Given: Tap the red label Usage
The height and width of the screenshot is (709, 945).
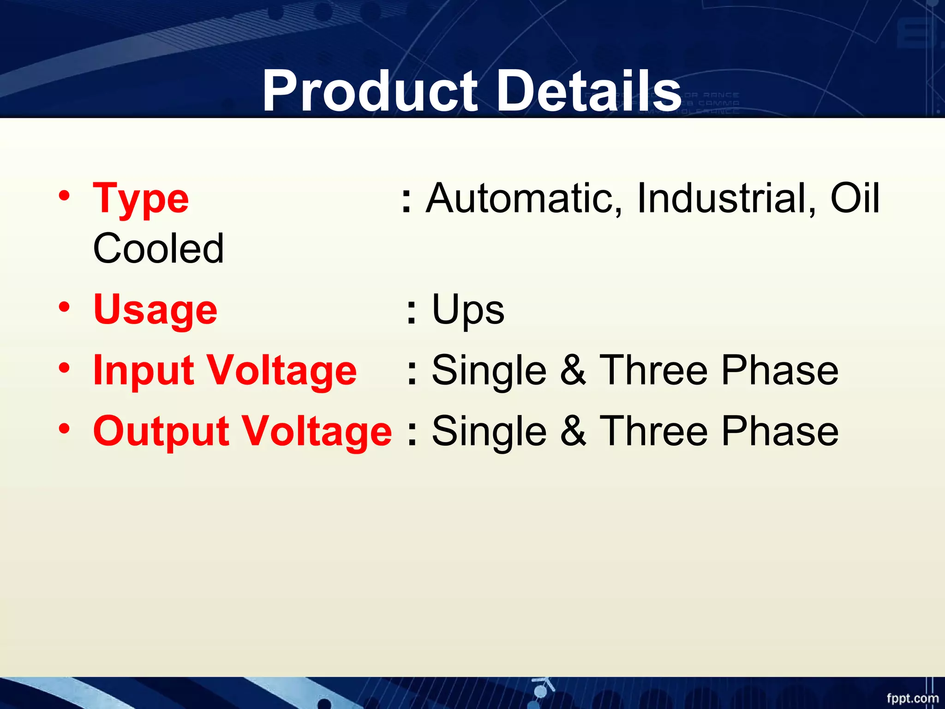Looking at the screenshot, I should (x=155, y=310).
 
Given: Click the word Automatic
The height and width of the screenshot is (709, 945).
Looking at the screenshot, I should (x=524, y=198).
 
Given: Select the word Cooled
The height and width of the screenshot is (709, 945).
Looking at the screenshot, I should (x=158, y=249).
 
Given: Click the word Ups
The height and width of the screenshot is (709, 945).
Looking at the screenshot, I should (x=468, y=310).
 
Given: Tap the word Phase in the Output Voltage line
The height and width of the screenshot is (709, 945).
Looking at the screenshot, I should (x=779, y=431).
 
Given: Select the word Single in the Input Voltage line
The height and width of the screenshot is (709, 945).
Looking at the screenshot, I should (x=489, y=371).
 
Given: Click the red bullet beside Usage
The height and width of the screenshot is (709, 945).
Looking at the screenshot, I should (x=64, y=307).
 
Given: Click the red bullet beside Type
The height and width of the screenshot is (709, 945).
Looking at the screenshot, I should (x=64, y=196).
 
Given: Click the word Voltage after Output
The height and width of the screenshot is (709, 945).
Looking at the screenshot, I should (x=317, y=431).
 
